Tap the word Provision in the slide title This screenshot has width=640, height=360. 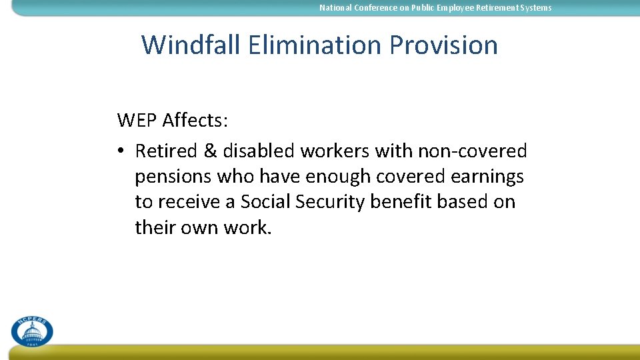point(443,45)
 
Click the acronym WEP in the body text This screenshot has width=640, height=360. point(137,121)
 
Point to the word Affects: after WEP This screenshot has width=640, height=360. point(195,121)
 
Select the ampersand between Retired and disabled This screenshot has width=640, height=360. point(210,151)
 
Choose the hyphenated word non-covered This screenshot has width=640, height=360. point(472,151)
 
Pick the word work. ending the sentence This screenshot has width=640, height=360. point(247,227)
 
